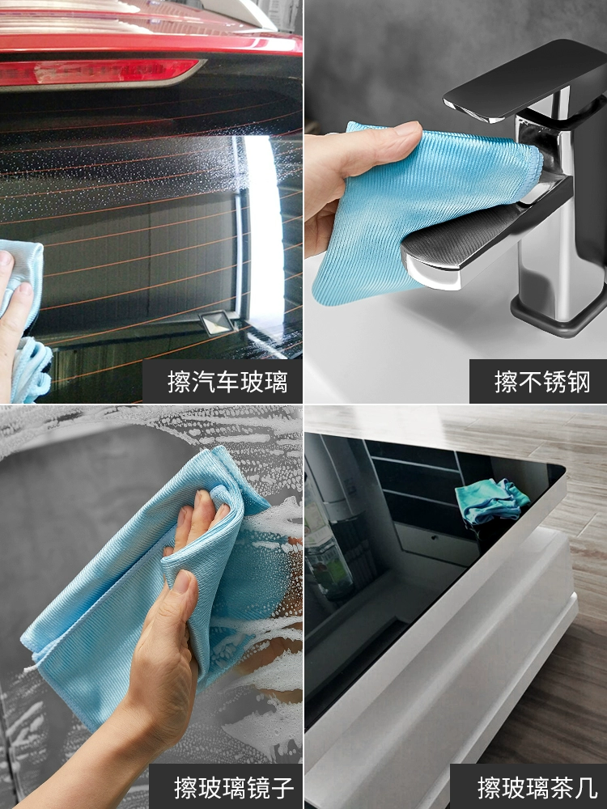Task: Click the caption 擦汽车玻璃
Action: pyautogui.click(x=227, y=383)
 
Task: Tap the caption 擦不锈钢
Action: pyautogui.click(x=542, y=383)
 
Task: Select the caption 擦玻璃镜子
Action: pyautogui.click(x=234, y=788)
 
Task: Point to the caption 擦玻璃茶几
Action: pyautogui.click(x=537, y=788)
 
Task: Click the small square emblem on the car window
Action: pyautogui.click(x=217, y=323)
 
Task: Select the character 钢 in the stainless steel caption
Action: pyautogui.click(x=579, y=383)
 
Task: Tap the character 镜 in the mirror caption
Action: pyautogui.click(x=258, y=788)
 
